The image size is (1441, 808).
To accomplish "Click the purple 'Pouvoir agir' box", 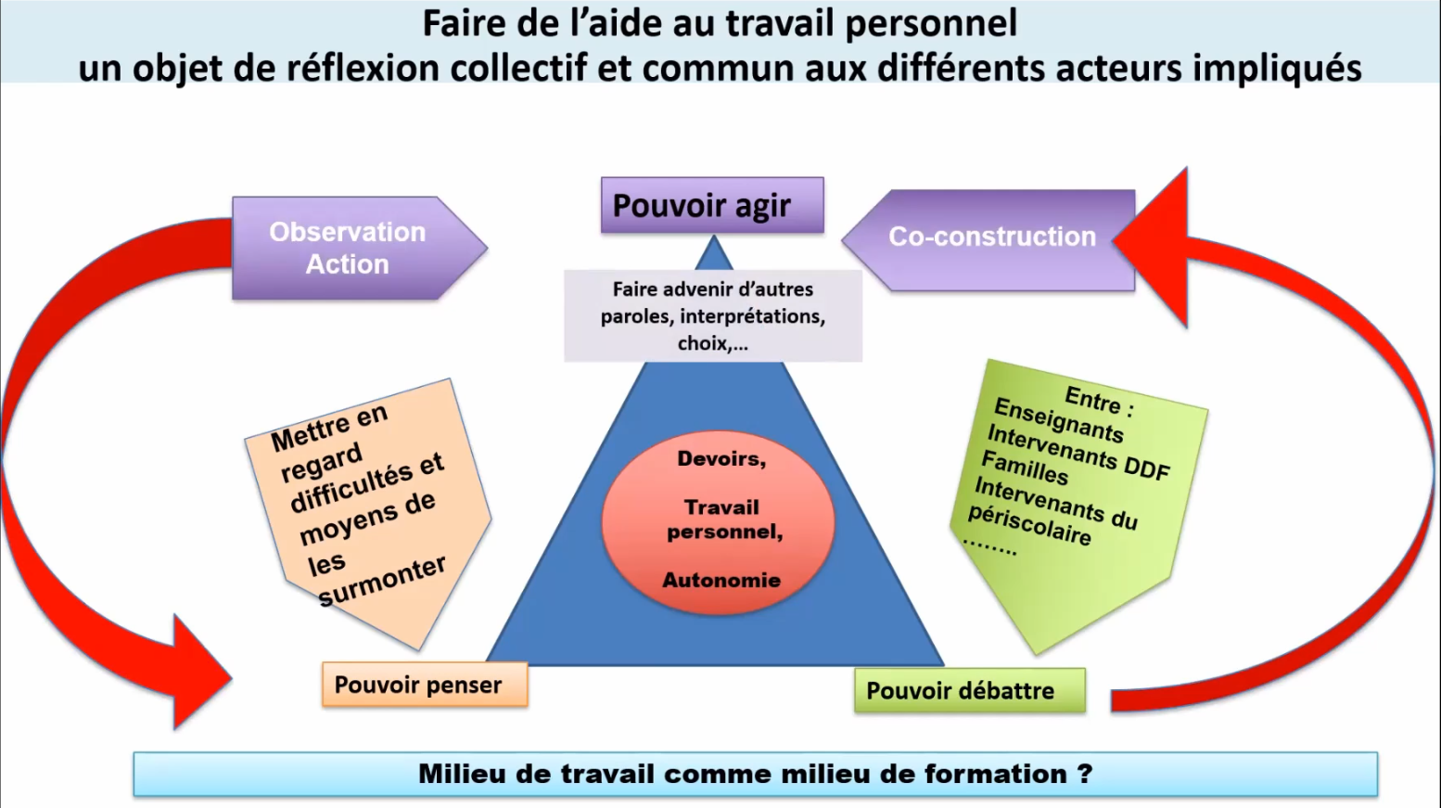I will (711, 205).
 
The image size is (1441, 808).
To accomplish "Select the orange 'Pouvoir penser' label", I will (424, 686).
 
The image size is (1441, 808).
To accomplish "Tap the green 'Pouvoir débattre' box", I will (968, 691).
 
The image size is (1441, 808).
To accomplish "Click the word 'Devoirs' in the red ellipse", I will (720, 459).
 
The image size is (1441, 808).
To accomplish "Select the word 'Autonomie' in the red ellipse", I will (720, 581).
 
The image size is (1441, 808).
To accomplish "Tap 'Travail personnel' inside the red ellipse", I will (723, 519).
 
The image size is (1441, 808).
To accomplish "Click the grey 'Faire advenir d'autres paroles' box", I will (712, 316).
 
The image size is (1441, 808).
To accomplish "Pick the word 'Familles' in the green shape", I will (1025, 467).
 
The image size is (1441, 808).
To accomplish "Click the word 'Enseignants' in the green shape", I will (1058, 419).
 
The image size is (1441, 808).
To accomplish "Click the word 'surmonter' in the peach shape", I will (382, 581).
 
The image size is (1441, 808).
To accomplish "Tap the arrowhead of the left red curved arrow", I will (199, 671).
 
